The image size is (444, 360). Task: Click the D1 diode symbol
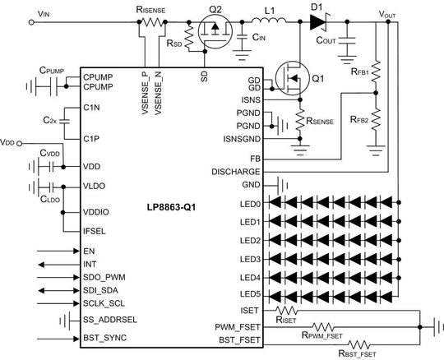pos(317,24)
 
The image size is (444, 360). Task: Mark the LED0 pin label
pos(249,203)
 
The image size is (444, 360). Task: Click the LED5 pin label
pos(249,293)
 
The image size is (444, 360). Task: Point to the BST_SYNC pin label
pos(104,337)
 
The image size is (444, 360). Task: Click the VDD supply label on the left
pos(7,141)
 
